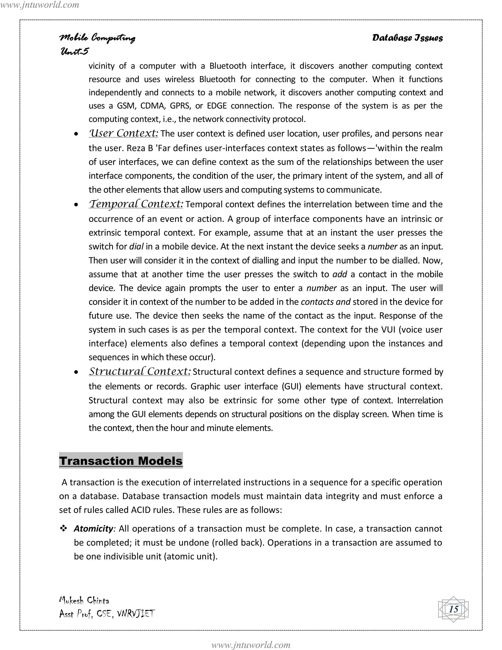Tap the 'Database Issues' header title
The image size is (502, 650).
[407, 38]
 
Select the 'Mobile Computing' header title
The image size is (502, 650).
[97, 38]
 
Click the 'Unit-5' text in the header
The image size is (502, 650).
[74, 51]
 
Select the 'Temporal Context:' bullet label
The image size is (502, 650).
[136, 204]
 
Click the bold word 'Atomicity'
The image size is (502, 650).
[93, 529]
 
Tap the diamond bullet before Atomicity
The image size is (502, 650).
[63, 528]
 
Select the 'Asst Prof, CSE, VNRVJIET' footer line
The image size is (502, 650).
[107, 614]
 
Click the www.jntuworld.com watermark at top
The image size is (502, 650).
[39, 5]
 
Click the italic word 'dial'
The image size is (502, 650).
[136, 247]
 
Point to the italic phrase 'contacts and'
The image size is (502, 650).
[326, 302]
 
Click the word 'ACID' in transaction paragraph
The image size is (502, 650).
[141, 510]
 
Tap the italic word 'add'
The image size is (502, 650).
[340, 274]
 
